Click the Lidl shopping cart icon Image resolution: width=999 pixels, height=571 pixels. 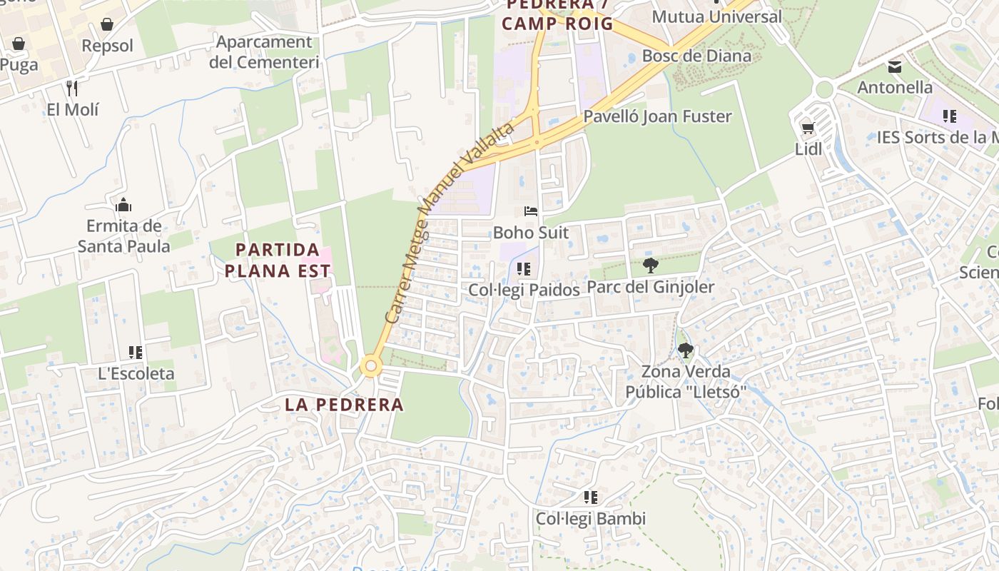808,128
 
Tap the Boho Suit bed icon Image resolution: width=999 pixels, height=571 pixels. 531,211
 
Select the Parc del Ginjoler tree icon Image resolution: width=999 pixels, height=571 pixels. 650,266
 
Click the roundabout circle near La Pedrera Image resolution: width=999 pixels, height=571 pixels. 370,367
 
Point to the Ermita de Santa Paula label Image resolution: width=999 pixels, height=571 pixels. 123,236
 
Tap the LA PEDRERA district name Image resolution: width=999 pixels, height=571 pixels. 344,405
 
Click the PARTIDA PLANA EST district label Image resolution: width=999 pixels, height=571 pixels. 278,260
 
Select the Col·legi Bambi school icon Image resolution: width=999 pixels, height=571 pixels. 590,497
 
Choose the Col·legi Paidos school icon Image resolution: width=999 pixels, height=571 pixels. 524,269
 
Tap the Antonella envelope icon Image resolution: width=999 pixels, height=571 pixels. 894,67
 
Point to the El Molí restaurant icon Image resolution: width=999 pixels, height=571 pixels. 71,89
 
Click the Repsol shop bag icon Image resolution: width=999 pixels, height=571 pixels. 107,25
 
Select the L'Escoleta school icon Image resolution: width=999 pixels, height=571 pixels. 136,352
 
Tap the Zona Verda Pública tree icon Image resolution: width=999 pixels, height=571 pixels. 685,350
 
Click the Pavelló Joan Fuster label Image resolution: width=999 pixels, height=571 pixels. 657,116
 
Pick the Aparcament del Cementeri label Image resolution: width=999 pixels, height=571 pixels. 264,52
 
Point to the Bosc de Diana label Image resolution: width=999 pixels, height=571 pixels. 696,56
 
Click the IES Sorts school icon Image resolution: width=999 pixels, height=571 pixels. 949,116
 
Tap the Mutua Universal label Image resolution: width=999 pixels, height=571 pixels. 716,16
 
